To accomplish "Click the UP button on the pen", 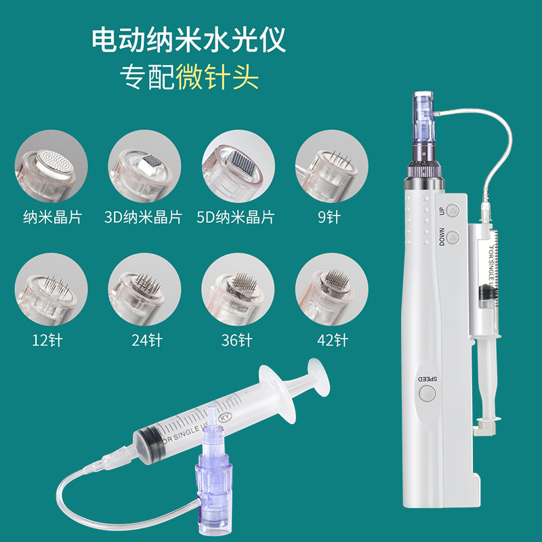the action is (453, 210).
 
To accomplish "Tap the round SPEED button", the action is (428, 393).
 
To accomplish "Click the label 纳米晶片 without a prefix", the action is (53, 217).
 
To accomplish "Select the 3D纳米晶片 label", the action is (143, 217).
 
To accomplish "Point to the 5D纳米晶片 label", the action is (235, 217).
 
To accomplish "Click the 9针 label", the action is (329, 217).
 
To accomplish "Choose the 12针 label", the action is (47, 340).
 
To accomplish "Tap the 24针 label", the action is (147, 340).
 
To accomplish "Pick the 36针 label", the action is (236, 340).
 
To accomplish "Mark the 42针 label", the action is (333, 340).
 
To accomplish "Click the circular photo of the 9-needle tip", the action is (331, 166).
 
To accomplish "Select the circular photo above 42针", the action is (331, 289).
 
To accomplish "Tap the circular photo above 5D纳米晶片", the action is (238, 166).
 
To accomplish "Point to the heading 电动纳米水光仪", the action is (189, 39).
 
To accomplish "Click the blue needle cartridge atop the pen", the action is (423, 115).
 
